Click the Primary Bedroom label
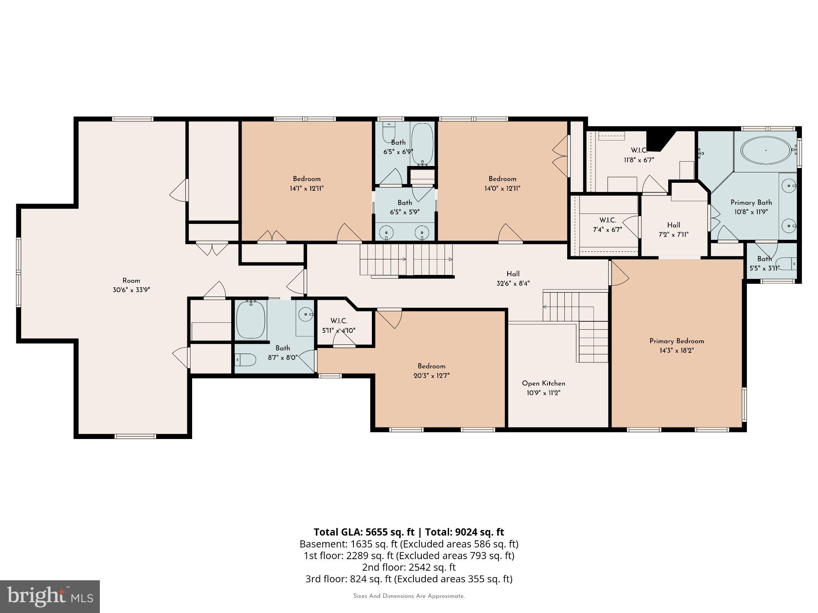click(x=676, y=341)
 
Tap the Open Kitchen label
click(x=543, y=384)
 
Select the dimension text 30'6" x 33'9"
click(x=131, y=290)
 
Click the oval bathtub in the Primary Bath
click(x=765, y=150)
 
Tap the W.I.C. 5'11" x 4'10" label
click(x=338, y=326)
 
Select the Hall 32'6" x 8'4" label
click(x=513, y=279)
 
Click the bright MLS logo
click(x=50, y=596)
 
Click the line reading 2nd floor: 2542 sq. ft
click(x=409, y=567)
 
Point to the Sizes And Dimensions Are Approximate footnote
click(x=409, y=596)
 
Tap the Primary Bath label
click(x=751, y=203)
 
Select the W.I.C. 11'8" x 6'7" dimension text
click(x=639, y=160)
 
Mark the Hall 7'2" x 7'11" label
click(x=673, y=230)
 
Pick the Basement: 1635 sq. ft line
click(x=409, y=544)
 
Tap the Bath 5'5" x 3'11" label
click(x=764, y=263)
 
